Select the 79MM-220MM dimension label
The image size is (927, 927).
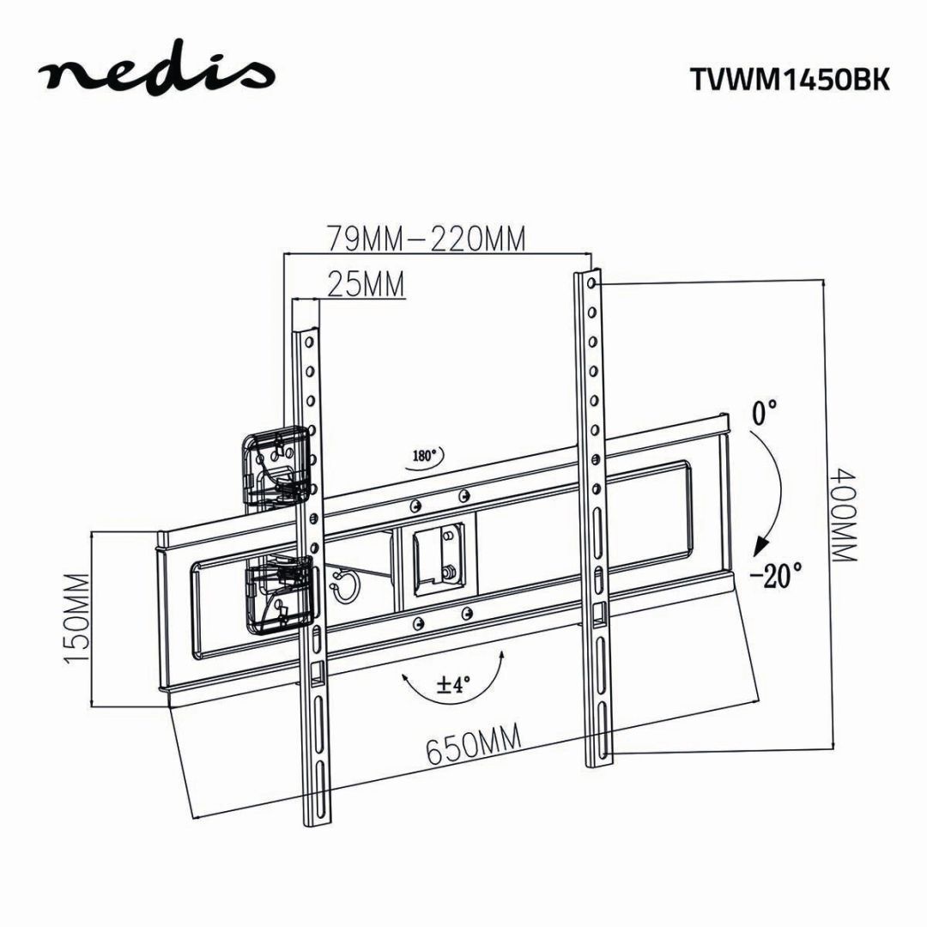(x=425, y=239)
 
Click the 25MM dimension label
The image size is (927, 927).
(x=365, y=284)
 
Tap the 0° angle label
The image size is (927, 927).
(x=765, y=415)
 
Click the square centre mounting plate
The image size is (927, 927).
(x=439, y=557)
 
